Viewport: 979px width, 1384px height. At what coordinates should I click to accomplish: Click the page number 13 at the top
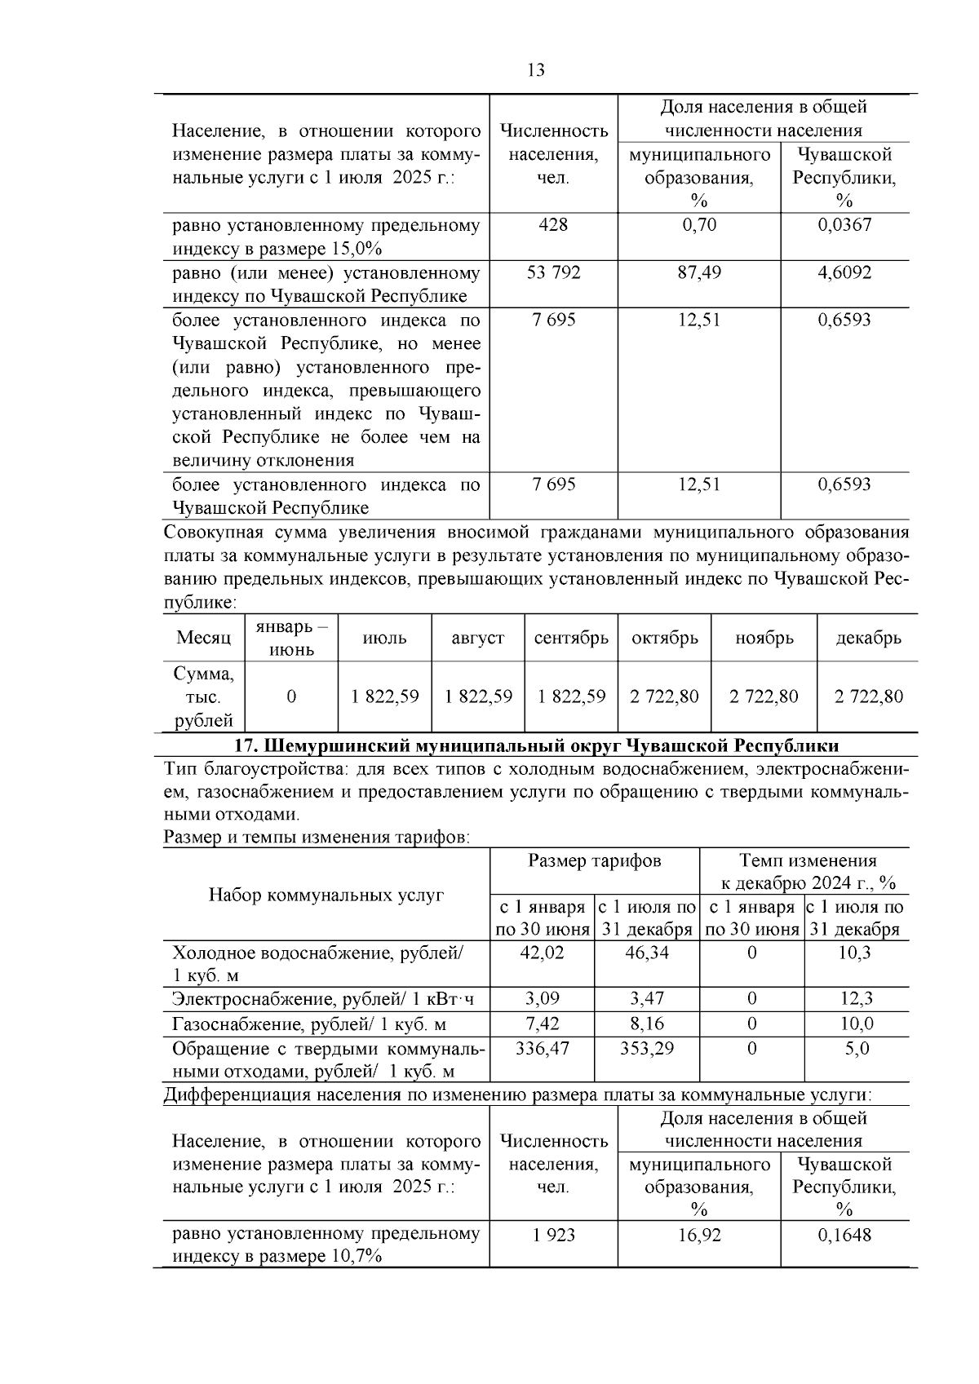[x=536, y=70]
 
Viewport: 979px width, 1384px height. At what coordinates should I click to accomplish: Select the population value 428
[x=553, y=225]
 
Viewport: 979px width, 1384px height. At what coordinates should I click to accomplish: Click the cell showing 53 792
[x=553, y=272]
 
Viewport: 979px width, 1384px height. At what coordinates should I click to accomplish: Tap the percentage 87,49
[x=699, y=272]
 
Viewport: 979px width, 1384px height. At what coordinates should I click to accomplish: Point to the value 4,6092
[x=844, y=272]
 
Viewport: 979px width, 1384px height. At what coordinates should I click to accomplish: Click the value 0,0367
[x=844, y=225]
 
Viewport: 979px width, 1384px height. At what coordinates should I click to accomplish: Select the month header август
[x=477, y=639]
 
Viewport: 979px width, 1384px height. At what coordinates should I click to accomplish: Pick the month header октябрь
[x=665, y=639]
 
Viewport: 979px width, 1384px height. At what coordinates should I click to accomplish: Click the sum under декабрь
[x=869, y=696]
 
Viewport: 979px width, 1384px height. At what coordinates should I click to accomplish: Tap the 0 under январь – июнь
[x=291, y=696]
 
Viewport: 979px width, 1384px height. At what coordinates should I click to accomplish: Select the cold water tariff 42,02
[x=542, y=953]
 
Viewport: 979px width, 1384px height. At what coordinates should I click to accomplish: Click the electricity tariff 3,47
[x=647, y=998]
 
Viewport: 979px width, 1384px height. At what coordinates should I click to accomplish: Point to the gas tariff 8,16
[x=647, y=1024]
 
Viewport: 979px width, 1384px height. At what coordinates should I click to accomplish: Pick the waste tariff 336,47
[x=542, y=1049]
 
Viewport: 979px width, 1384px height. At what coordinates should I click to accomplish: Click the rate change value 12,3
[x=856, y=998]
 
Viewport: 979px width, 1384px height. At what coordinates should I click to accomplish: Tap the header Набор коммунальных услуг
[x=326, y=895]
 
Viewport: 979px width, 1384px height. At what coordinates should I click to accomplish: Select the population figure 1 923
[x=553, y=1236]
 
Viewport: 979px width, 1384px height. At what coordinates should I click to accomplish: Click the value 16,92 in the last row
[x=699, y=1236]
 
